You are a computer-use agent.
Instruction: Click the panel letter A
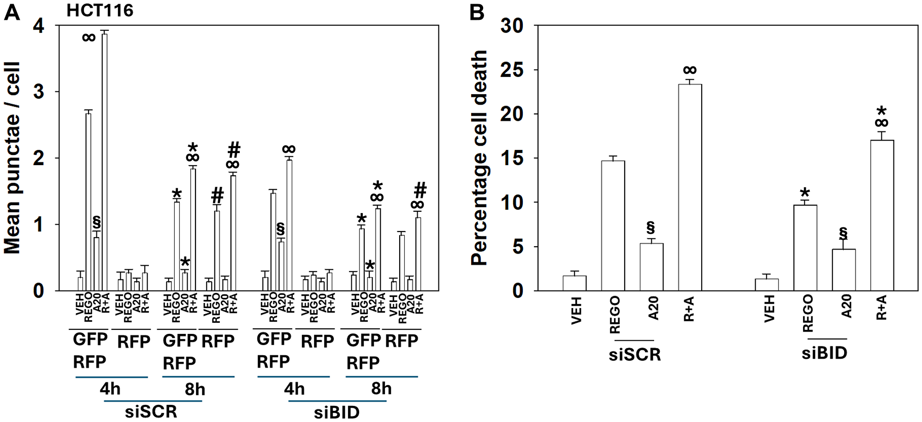pyautogui.click(x=12, y=12)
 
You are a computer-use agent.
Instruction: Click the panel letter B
pyautogui.click(x=477, y=12)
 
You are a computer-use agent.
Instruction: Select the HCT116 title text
pyautogui.click(x=100, y=10)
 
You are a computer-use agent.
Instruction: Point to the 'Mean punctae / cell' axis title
pyautogui.click(x=12, y=158)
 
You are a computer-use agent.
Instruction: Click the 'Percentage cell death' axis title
pyautogui.click(x=479, y=158)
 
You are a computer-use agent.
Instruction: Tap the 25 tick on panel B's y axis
pyautogui.click(x=512, y=70)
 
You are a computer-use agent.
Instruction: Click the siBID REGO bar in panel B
pyautogui.click(x=805, y=248)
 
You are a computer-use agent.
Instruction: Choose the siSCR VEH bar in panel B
pyautogui.click(x=574, y=283)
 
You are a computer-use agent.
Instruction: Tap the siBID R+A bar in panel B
pyautogui.click(x=881, y=215)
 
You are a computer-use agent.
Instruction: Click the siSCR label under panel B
pyautogui.click(x=635, y=355)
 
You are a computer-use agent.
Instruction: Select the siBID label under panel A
pyautogui.click(x=337, y=412)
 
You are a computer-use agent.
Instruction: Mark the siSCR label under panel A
pyautogui.click(x=151, y=411)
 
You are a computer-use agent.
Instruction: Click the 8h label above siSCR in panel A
pyautogui.click(x=195, y=390)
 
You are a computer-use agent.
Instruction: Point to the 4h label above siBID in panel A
pyautogui.click(x=294, y=389)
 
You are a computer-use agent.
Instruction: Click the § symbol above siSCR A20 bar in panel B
pyautogui.click(x=651, y=227)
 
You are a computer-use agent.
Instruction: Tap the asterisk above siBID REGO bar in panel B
pyautogui.click(x=805, y=193)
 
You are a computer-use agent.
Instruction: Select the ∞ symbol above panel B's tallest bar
pyautogui.click(x=690, y=70)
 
